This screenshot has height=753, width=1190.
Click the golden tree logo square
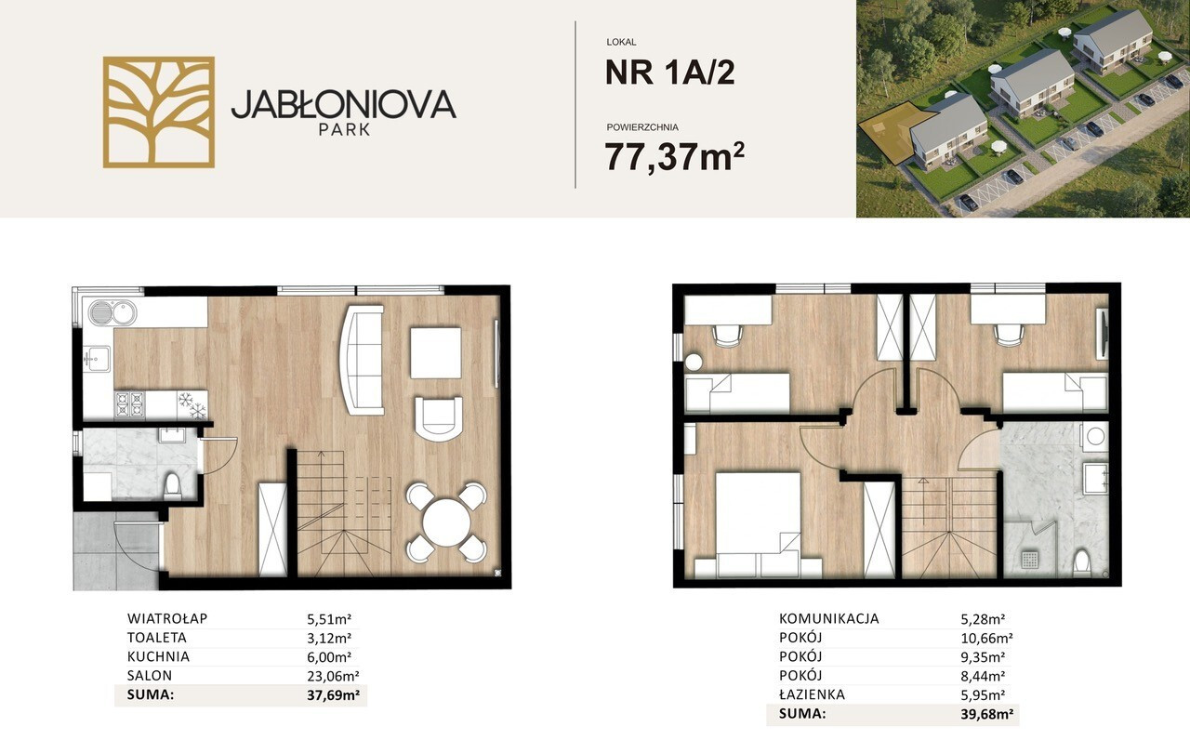click(x=159, y=112)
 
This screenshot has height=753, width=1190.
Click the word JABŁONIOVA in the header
click(x=344, y=104)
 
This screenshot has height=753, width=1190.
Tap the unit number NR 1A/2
click(x=670, y=73)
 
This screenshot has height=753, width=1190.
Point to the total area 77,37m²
click(x=675, y=156)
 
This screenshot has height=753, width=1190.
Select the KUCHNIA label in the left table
click(x=158, y=656)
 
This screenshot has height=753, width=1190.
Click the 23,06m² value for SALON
click(x=333, y=676)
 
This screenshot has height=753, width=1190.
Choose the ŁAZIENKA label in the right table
click(x=812, y=694)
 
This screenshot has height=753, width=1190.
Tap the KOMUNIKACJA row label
click(x=828, y=618)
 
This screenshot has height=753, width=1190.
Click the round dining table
click(x=446, y=522)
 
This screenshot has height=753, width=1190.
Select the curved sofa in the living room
click(x=362, y=360)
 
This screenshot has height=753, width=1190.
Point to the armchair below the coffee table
click(x=438, y=419)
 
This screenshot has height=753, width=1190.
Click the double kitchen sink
click(x=112, y=312)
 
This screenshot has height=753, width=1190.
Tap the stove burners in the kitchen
click(x=129, y=405)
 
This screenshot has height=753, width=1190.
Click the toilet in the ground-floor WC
click(x=172, y=486)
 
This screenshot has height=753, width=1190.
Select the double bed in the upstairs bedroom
click(x=758, y=519)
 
